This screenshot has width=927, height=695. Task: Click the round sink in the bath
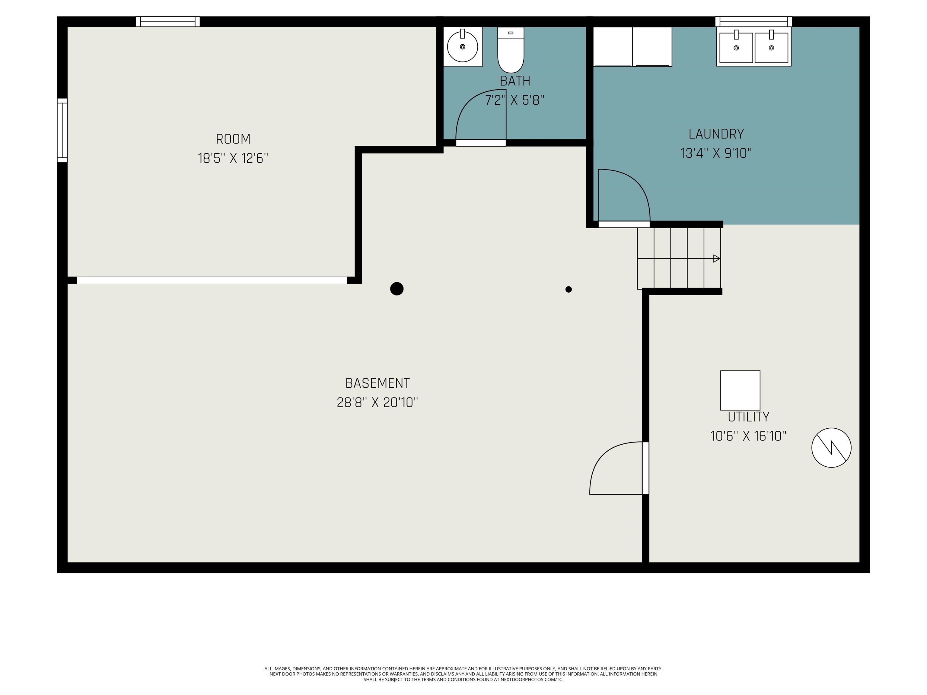pos(462,46)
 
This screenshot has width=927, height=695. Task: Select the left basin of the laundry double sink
pos(736,48)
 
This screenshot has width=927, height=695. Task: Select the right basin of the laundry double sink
pos(771,48)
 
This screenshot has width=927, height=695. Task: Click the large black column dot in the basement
pos(397,289)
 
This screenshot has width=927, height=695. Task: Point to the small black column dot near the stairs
pos(568,289)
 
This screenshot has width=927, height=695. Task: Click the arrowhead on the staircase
pos(716,259)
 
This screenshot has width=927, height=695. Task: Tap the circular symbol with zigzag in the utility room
pos(831,447)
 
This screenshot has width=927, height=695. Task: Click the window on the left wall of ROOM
pos(62,130)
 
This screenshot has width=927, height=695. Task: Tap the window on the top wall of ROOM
pos(168,21)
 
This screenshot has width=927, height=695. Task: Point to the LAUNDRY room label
pos(716,134)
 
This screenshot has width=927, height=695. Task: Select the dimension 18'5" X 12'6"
pos(233,158)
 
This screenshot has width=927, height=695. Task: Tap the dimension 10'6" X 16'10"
pos(748,436)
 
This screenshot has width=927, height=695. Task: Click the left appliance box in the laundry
pos(613,46)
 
